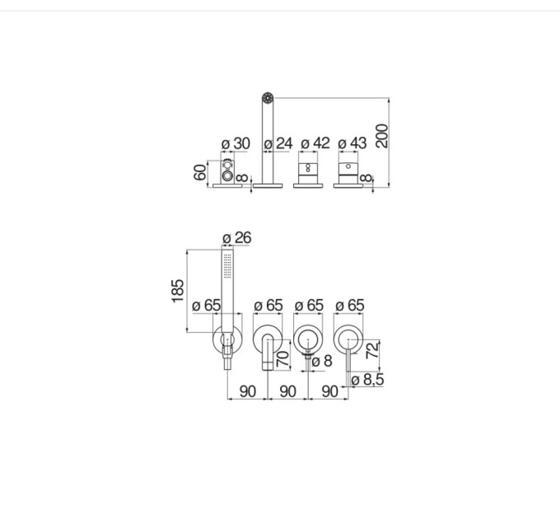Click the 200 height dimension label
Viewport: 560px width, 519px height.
coord(382,136)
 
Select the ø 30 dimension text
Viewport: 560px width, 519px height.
coord(236,143)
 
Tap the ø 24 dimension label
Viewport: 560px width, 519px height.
coord(278,143)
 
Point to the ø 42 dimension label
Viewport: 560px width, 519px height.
coord(315,143)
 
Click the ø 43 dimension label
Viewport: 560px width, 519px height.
coord(352,143)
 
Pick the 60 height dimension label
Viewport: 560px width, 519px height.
coord(200,172)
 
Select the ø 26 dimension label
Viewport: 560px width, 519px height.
coord(237,238)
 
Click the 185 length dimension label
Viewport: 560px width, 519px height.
coord(178,291)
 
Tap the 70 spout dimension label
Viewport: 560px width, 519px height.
coord(282,359)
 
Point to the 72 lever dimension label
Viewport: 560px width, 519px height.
coord(372,350)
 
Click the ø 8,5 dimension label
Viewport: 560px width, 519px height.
coord(367,380)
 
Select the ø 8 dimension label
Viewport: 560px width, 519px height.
coord(322,361)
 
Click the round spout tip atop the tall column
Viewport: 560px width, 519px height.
coord(268,97)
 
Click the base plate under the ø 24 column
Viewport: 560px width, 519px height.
coord(268,185)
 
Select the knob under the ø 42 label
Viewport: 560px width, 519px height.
coord(308,174)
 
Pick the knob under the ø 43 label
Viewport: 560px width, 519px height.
coord(348,174)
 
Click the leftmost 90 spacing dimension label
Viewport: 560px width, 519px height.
coord(248,391)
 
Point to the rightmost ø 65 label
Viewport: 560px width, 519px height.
coord(350,306)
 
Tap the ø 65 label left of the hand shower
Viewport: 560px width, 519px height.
coord(207,306)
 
